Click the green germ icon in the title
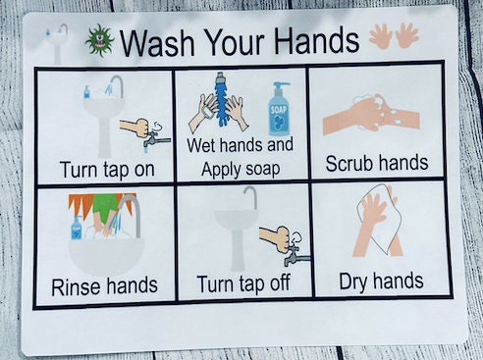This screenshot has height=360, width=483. [x=98, y=41]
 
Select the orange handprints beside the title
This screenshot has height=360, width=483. [x=394, y=36]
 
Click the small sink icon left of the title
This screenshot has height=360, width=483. [x=57, y=43]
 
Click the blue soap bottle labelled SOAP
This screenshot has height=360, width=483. [x=279, y=108]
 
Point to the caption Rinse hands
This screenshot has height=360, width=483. [x=104, y=286]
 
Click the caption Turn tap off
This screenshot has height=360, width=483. [x=242, y=284]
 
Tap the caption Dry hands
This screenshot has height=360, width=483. [x=381, y=283]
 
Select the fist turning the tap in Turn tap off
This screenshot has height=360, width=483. [x=275, y=238]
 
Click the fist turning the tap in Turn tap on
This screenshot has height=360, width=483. [x=137, y=128]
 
